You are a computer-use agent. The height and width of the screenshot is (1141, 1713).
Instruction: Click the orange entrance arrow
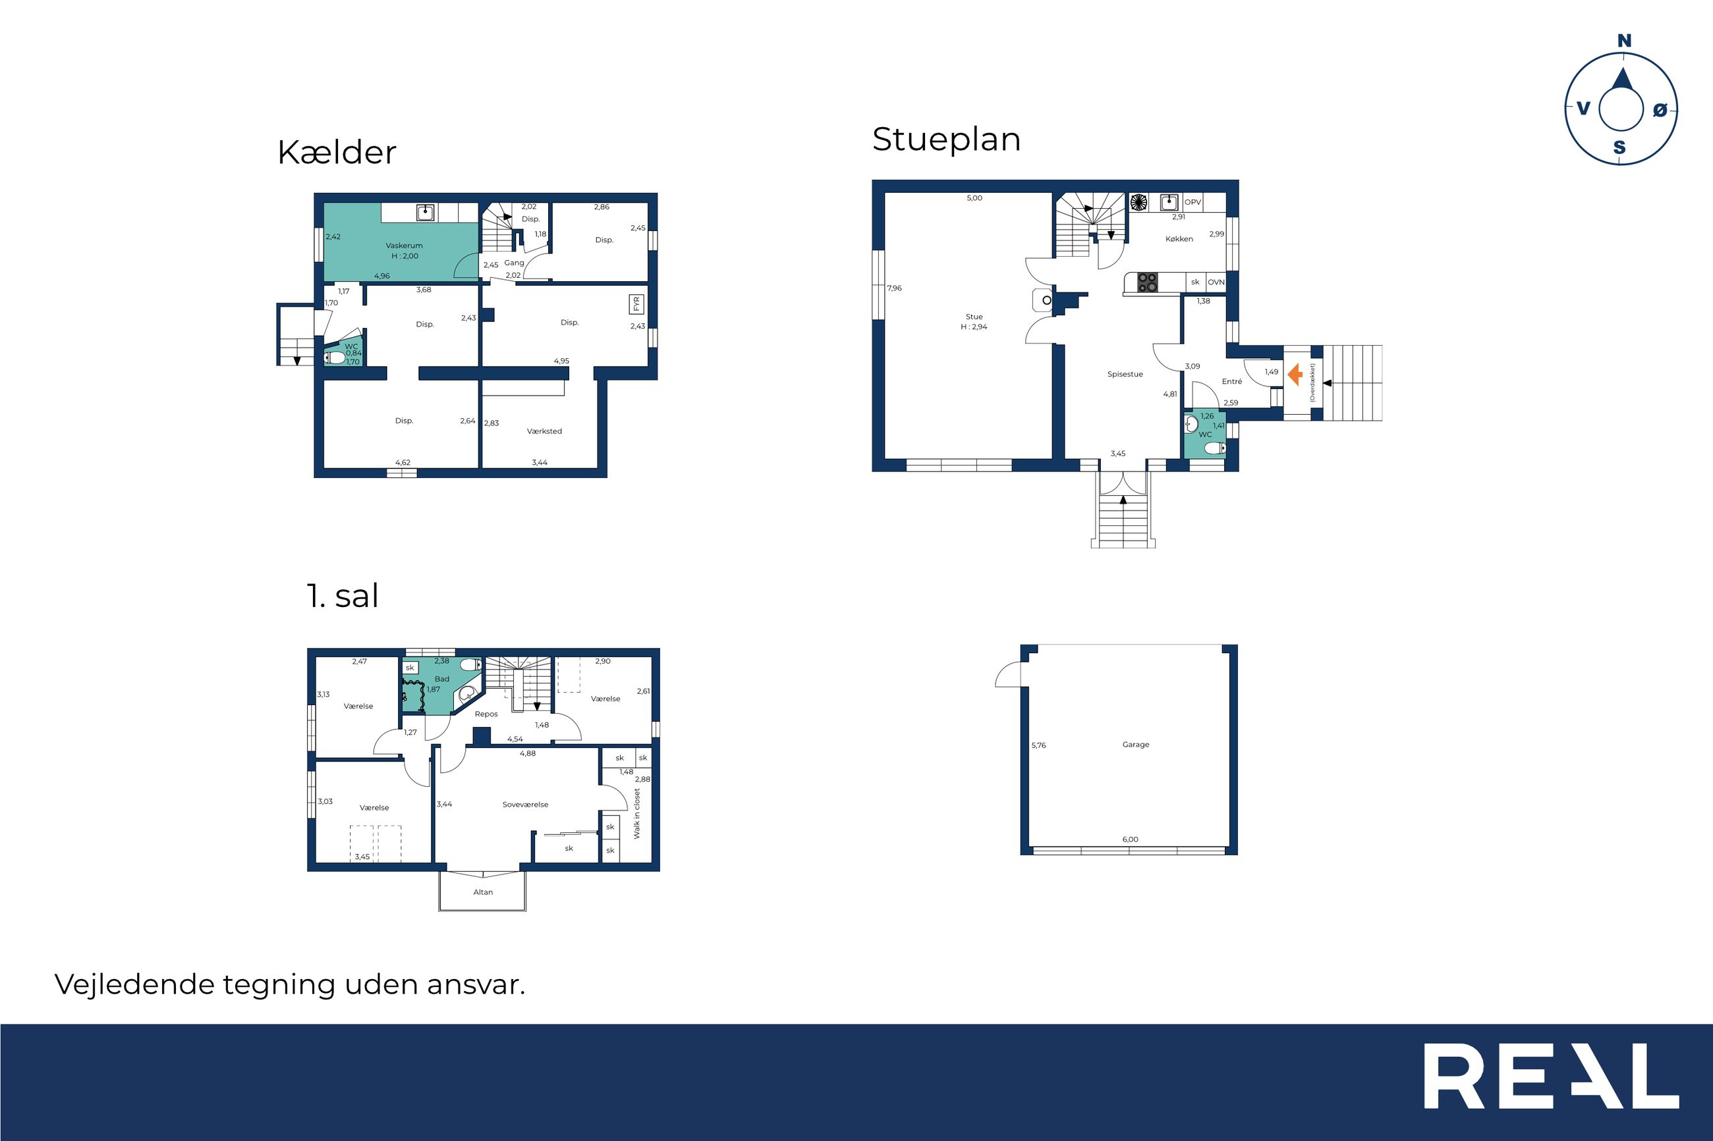coord(1295,375)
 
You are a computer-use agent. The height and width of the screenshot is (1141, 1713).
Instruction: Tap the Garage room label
coord(1136,745)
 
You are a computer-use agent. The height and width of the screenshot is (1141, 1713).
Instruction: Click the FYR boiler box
coord(636,304)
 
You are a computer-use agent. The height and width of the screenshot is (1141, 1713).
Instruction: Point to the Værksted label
coord(545,431)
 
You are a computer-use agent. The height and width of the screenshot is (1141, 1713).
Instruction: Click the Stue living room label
coord(974,317)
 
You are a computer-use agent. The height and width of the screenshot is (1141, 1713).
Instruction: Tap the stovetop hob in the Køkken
coord(1147,282)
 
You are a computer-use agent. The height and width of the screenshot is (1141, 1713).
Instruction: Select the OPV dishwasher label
coord(1193,202)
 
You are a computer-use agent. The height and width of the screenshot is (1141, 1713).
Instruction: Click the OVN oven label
coord(1216,282)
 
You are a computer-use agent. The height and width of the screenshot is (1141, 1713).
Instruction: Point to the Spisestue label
coord(1125,374)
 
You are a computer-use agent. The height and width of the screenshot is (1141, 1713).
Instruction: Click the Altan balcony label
coord(483,892)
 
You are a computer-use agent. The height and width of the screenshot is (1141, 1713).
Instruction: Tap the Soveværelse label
coord(525,805)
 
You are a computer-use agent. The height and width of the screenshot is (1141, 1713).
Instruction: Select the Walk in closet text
coord(637,814)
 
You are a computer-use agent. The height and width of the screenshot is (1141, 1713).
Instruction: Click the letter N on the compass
coord(1623,41)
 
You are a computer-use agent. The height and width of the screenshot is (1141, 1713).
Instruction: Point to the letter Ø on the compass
coord(1660,110)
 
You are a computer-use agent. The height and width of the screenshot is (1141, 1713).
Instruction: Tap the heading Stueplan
coord(946,140)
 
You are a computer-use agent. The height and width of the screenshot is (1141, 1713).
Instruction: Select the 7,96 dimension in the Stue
coord(895,288)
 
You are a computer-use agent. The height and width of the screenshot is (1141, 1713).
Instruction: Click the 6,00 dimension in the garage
coord(1130,839)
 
